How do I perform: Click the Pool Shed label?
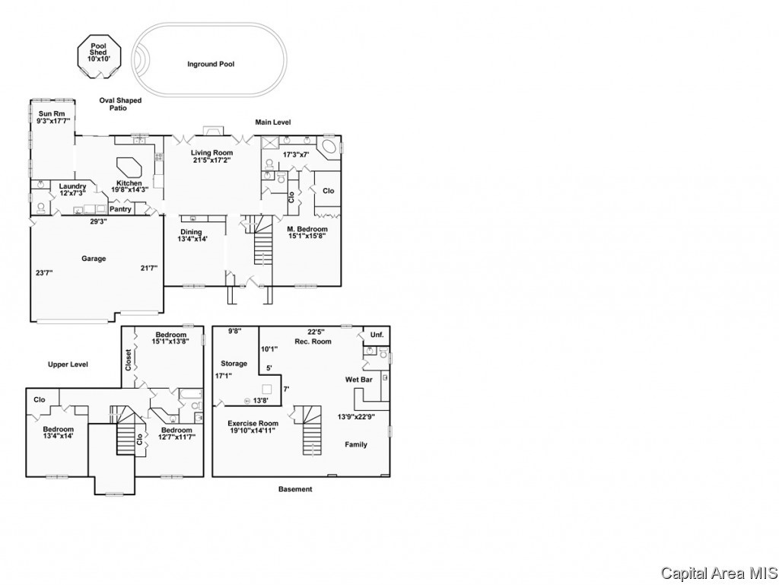tap(98, 49)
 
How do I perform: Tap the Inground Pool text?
tap(211, 64)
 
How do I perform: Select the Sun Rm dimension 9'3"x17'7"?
tap(54, 121)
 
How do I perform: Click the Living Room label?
tap(211, 153)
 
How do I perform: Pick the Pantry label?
tap(121, 209)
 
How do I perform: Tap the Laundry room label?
tap(72, 186)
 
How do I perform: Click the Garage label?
tap(94, 258)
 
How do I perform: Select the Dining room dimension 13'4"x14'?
tap(192, 239)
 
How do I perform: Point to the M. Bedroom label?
tap(307, 229)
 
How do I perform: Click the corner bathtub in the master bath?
tap(329, 148)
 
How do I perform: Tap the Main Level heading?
tap(273, 122)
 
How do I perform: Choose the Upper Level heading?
tap(68, 364)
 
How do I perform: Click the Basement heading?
tap(295, 489)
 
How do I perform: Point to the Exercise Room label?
tap(253, 424)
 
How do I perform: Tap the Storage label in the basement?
tap(234, 364)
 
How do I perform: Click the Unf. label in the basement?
tap(377, 335)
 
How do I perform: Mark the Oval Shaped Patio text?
tap(120, 103)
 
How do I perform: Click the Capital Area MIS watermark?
tap(720, 573)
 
